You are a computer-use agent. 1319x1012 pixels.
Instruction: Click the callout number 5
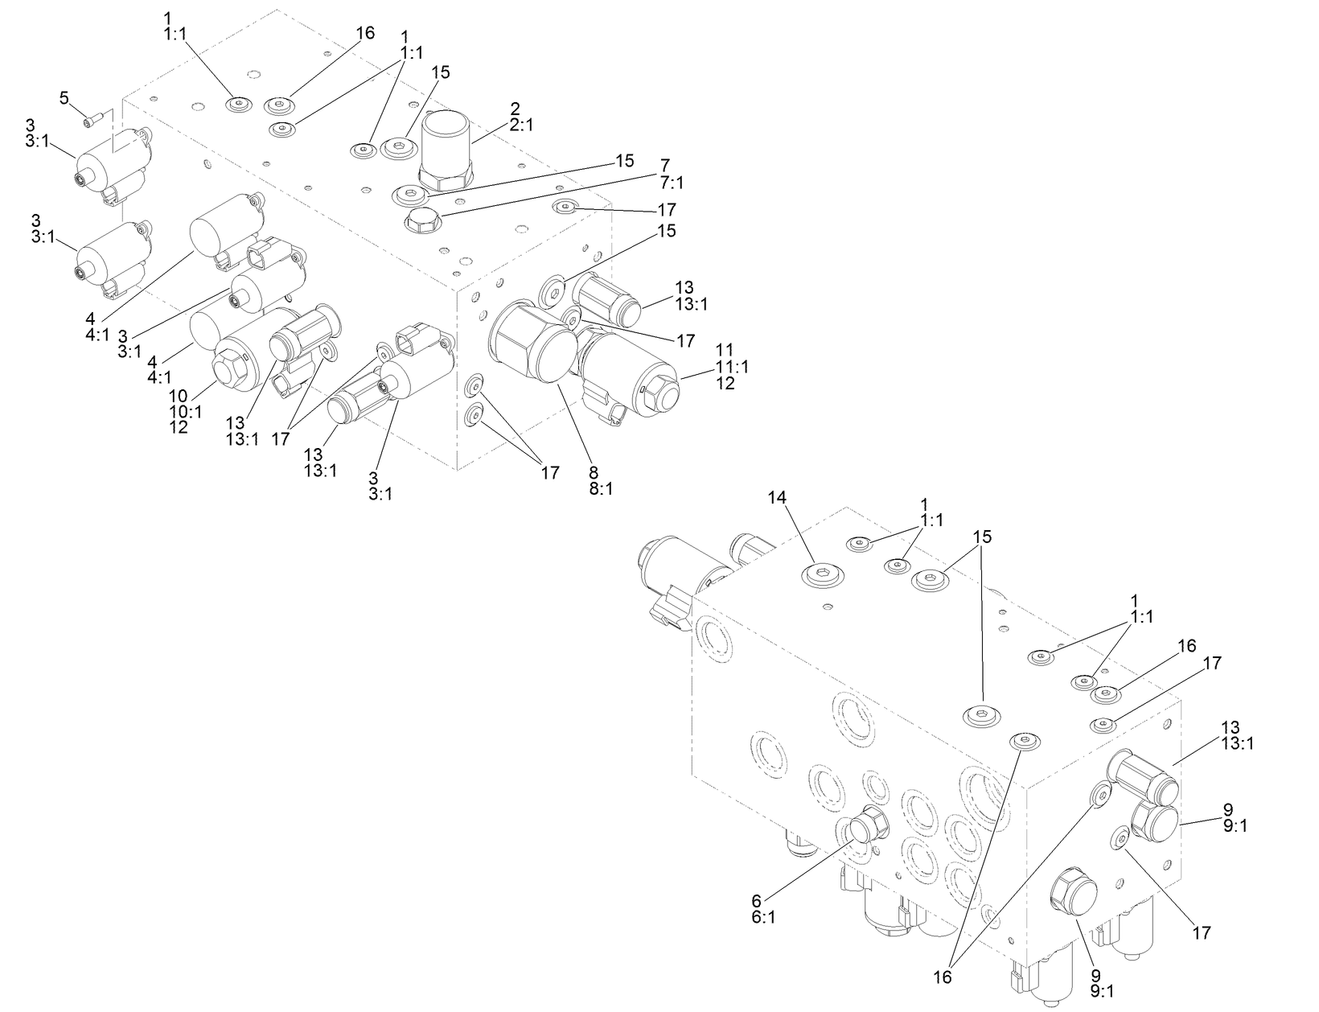coord(64,98)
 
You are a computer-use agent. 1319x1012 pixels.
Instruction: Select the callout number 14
coord(776,498)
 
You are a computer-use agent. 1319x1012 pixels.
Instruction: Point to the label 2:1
coord(521,125)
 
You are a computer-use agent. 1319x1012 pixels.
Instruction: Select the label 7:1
coord(671,183)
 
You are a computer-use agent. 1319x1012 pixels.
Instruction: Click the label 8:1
coord(601,488)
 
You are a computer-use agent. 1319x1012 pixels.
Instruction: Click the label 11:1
coord(731,367)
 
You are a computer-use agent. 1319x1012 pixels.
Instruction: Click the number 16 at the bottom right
coord(942,977)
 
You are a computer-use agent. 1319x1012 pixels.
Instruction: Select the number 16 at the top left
coord(365,33)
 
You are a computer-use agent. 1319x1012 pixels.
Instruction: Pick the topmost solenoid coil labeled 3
coord(113,161)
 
